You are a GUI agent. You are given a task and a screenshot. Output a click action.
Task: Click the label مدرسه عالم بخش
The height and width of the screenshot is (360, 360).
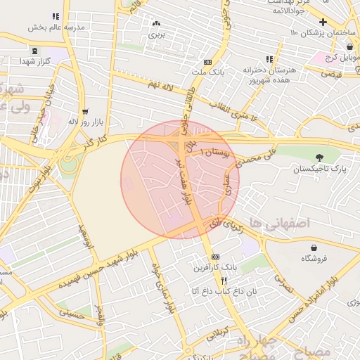pos(56,27)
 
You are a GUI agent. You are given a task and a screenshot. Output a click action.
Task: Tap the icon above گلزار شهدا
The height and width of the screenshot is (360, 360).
pos(35,51)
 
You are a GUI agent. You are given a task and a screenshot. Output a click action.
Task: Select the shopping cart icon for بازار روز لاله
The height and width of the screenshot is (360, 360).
pos(85,111)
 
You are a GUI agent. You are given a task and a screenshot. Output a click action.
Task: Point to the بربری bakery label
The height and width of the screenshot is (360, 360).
pos(155,33)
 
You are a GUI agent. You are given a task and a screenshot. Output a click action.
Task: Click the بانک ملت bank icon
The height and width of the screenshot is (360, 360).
pos(207,62)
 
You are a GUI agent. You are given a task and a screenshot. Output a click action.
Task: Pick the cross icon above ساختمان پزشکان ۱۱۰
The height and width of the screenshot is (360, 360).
pos(323,22)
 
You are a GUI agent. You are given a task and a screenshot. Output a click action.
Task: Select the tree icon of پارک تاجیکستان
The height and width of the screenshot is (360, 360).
pos(320,157)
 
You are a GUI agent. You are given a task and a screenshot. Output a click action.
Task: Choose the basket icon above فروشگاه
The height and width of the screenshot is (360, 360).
pos(313,247)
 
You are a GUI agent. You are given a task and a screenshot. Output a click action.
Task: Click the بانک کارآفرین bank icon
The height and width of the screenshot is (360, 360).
pos(215,257)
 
